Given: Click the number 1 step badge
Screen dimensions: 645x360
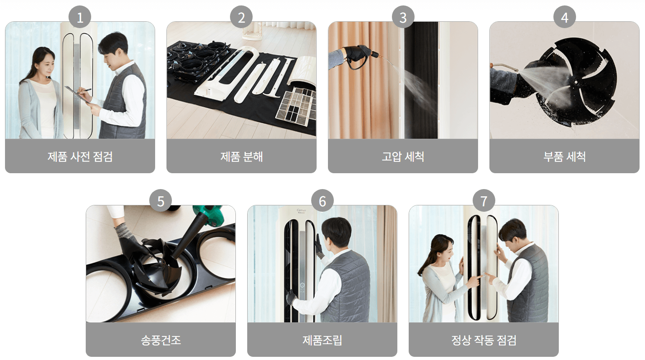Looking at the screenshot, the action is (x=80, y=17).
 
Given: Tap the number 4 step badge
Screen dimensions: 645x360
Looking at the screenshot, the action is (x=564, y=17).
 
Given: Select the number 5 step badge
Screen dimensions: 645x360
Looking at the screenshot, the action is (x=161, y=200).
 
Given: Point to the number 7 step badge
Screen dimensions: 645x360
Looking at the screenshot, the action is (x=484, y=200).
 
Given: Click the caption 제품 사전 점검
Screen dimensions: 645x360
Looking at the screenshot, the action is (x=80, y=156).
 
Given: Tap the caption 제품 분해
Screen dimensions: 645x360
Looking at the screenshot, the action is (x=241, y=156).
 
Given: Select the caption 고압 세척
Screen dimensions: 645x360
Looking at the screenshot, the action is (x=403, y=156).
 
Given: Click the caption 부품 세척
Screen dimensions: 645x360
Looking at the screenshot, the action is (x=564, y=156).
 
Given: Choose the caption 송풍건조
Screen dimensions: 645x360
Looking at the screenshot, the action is (x=161, y=340).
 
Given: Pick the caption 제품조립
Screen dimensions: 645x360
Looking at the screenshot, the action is (x=322, y=340).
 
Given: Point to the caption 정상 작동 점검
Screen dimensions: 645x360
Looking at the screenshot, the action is (x=484, y=340).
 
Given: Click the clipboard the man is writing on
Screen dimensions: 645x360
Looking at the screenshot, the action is (x=77, y=94).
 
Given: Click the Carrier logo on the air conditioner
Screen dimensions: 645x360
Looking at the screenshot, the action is (x=302, y=211).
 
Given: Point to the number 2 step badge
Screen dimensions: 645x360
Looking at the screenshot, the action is (x=241, y=17).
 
